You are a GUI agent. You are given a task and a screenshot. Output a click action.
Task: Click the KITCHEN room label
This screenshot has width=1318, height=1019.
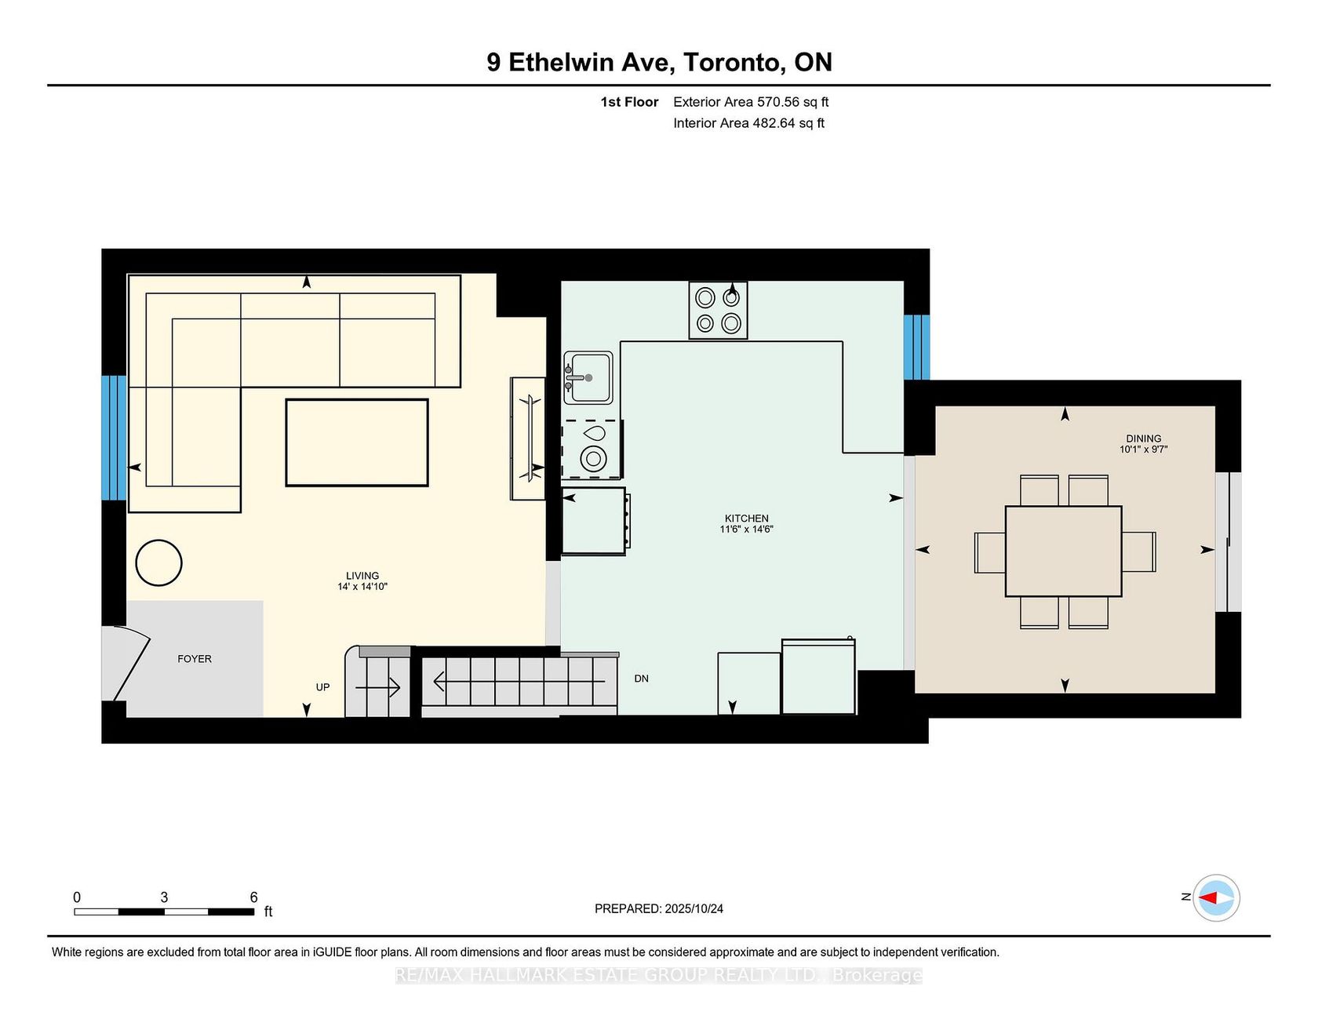pos(746,519)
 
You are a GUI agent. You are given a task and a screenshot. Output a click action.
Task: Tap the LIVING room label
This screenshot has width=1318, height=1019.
pos(362,576)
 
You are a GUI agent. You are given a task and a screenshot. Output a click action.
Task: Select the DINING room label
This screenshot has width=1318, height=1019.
pos(1143,439)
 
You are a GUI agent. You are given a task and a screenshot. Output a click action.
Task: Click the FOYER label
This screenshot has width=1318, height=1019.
pos(195,659)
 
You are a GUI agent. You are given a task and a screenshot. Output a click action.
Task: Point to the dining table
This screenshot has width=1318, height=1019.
pos(1063,551)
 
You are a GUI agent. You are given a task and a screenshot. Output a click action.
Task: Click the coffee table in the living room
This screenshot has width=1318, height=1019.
pos(357,442)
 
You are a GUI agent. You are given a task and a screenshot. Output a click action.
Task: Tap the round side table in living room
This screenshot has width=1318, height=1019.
pos(158,562)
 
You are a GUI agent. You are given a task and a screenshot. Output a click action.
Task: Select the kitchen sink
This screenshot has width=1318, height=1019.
pos(588,377)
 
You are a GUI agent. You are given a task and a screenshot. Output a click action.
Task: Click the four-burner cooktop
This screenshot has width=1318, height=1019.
pos(718,310)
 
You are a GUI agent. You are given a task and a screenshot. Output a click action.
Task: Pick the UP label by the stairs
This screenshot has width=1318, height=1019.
pos(322,687)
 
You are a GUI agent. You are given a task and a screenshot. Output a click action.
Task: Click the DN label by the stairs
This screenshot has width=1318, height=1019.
pos(642,679)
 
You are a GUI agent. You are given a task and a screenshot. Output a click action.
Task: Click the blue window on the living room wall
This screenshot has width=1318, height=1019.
pos(114,438)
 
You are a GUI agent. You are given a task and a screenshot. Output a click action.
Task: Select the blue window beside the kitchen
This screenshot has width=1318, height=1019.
pos(916,348)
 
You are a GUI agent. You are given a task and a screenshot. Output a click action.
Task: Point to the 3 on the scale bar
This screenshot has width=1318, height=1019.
pos(164,897)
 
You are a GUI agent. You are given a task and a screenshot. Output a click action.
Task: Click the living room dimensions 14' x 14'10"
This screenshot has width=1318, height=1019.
pos(362,587)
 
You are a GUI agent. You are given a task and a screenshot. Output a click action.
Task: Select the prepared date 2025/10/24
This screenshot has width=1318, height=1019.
pos(694,908)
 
